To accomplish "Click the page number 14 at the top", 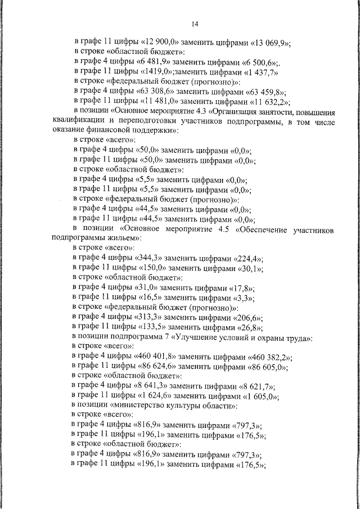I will click(x=195, y=24).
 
